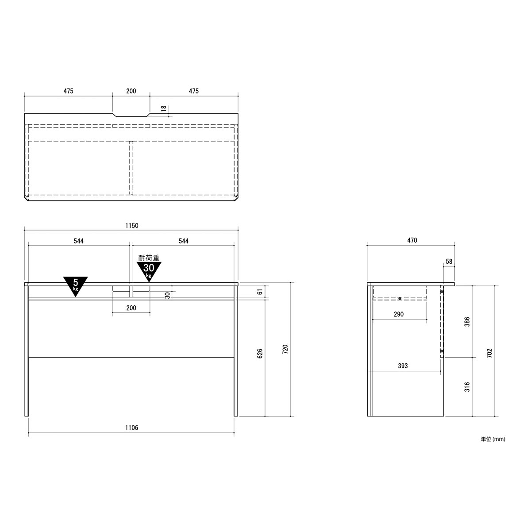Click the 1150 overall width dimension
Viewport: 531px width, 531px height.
click(x=132, y=226)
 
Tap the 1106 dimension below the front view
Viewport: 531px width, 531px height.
click(x=132, y=427)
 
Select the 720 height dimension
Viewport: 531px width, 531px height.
click(x=285, y=349)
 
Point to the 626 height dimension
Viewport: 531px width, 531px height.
click(x=260, y=354)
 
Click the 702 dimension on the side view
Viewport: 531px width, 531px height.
click(x=489, y=353)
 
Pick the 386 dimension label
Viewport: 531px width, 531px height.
click(x=467, y=322)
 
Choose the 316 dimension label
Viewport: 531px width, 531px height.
click(x=467, y=387)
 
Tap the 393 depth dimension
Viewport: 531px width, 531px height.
click(x=403, y=366)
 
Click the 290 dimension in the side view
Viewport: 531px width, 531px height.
click(x=399, y=314)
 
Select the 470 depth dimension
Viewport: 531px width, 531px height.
click(x=412, y=240)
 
